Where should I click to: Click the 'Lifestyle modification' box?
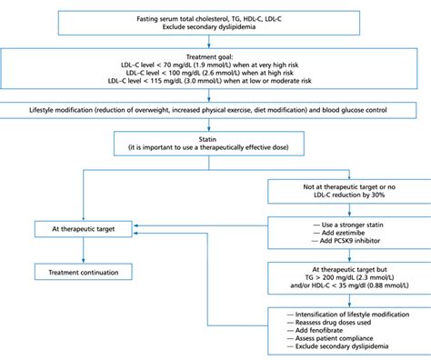pyautogui.click(x=215, y=111)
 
